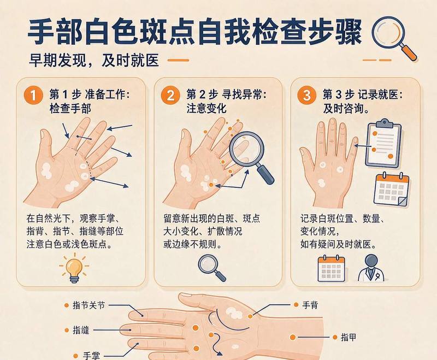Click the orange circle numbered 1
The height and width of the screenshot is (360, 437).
(x=33, y=95)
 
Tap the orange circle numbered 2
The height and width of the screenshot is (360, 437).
(x=170, y=95)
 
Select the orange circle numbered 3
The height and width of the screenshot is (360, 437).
(x=306, y=95)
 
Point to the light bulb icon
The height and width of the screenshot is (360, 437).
(x=74, y=268)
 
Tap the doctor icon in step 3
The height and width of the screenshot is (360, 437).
(x=371, y=268)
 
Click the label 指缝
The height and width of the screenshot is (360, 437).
(x=81, y=330)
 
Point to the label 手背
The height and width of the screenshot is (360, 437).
(x=310, y=305)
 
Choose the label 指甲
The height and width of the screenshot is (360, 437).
(x=349, y=337)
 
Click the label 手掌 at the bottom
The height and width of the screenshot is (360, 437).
(x=91, y=356)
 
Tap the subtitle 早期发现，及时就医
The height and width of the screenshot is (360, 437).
(x=94, y=60)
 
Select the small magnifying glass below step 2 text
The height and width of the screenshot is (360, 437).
(x=212, y=268)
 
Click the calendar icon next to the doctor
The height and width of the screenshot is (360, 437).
(x=332, y=268)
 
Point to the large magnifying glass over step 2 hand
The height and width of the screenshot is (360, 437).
(x=251, y=157)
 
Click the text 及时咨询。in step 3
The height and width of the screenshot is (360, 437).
(x=346, y=108)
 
